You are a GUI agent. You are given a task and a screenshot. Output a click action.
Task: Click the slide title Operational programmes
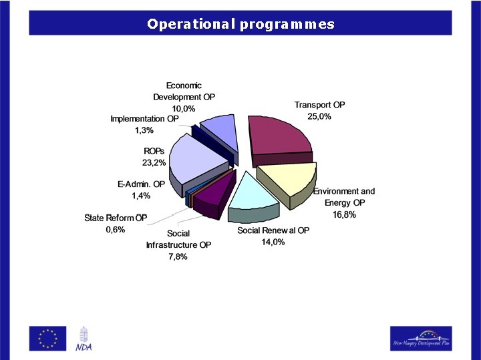pyautogui.click(x=240, y=25)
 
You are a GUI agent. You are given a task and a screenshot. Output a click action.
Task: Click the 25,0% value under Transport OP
pyautogui.click(x=319, y=116)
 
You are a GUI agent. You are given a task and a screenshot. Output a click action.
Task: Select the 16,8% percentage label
pyautogui.click(x=344, y=214)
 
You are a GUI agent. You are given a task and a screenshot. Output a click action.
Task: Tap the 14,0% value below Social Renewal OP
pyautogui.click(x=273, y=242)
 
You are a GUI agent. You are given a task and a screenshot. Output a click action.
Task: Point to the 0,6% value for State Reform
pyautogui.click(x=115, y=229)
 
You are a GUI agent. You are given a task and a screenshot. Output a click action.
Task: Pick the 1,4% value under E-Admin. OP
pyautogui.click(x=140, y=196)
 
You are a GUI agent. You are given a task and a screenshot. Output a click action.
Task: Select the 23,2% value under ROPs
pyautogui.click(x=154, y=162)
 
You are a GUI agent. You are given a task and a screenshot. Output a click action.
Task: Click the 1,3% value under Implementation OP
pyautogui.click(x=145, y=130)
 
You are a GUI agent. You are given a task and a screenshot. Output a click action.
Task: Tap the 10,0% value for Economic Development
pyautogui.click(x=184, y=108)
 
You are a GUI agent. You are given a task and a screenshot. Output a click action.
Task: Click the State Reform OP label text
pyautogui.click(x=116, y=218)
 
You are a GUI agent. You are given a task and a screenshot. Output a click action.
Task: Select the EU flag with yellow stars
pyautogui.click(x=47, y=338)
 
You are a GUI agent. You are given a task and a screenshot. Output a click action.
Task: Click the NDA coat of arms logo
pyautogui.click(x=84, y=338)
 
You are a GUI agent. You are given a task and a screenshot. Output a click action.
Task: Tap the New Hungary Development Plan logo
pyautogui.click(x=420, y=338)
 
